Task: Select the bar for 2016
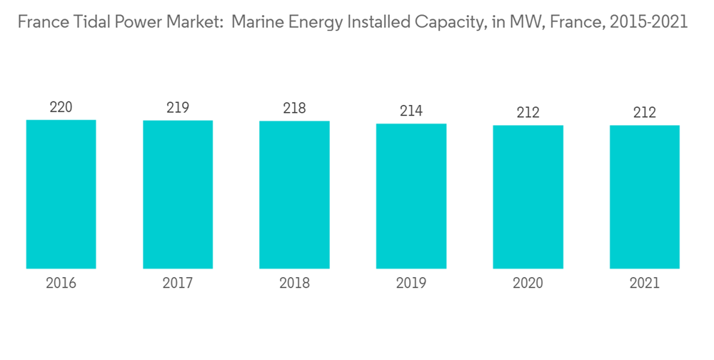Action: tap(61, 194)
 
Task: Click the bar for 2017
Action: tap(178, 194)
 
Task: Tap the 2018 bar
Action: tap(294, 195)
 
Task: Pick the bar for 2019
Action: tap(411, 196)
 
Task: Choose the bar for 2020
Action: tap(528, 197)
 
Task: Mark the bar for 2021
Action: tap(645, 197)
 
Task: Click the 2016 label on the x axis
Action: tap(61, 284)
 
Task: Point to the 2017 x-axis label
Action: tap(178, 284)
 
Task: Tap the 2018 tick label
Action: tap(294, 284)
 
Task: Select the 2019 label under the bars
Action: tap(411, 284)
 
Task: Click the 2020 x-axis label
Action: tap(528, 284)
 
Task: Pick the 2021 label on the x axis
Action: tap(645, 284)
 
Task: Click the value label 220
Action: tap(61, 108)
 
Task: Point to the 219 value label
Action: tap(178, 108)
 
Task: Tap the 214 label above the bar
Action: tap(411, 111)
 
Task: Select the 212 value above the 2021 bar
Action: tap(645, 113)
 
